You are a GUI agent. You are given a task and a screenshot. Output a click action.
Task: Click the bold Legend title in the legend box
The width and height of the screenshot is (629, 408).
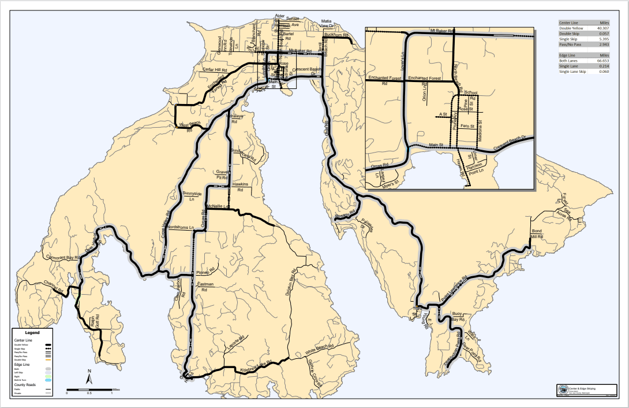point(32,333)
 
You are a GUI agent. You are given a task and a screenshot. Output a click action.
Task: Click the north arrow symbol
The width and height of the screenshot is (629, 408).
point(89,377)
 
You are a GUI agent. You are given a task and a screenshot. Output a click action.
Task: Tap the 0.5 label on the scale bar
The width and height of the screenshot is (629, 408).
point(89,393)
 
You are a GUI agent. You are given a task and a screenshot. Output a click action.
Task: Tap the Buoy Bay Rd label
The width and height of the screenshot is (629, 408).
point(458,316)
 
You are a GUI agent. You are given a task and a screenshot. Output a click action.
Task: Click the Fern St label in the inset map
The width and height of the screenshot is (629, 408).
point(467,126)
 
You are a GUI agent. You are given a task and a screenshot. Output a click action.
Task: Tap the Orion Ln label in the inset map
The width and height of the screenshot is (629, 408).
point(425,92)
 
